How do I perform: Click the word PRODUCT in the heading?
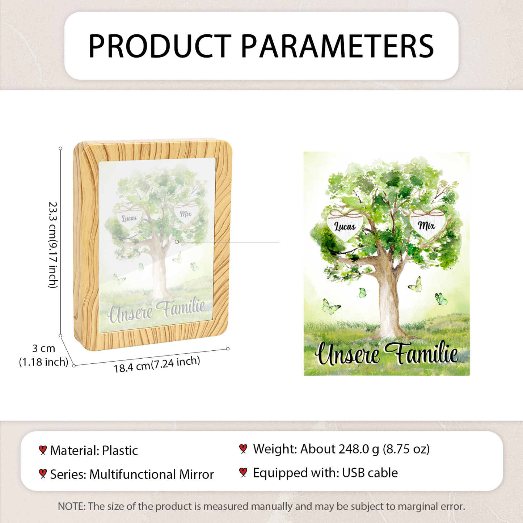tap(160, 46)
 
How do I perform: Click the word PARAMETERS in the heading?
tap(337, 46)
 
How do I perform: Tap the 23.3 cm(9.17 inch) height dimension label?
tap(52, 245)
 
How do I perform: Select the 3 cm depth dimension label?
tap(44, 348)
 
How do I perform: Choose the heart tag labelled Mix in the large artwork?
tap(427, 224)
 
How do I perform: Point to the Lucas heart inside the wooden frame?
tap(129, 217)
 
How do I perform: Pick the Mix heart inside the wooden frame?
tap(186, 213)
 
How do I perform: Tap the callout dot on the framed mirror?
tap(177, 242)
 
